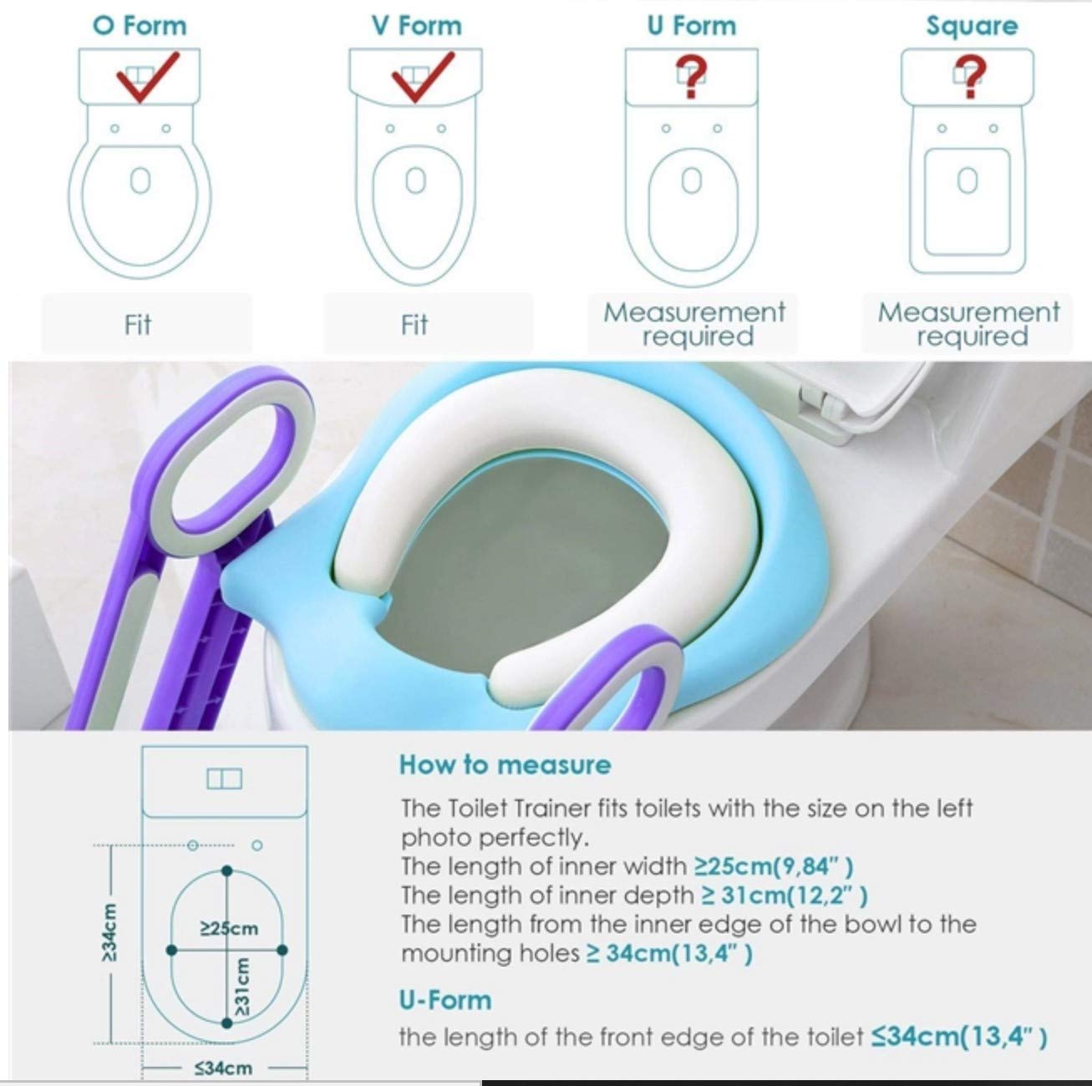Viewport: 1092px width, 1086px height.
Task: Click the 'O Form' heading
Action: (140, 26)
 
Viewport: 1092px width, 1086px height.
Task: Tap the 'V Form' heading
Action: (417, 26)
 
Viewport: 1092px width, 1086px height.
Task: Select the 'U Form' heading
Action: (691, 26)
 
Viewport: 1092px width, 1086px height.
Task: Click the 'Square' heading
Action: (972, 27)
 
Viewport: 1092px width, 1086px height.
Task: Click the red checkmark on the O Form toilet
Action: (146, 78)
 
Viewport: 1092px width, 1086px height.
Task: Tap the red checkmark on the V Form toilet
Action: (422, 78)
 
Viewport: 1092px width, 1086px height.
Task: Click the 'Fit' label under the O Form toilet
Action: (138, 325)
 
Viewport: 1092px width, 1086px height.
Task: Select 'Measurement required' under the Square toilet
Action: (968, 324)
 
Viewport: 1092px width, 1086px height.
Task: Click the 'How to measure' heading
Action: (505, 765)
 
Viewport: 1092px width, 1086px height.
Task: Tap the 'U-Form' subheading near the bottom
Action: (445, 1001)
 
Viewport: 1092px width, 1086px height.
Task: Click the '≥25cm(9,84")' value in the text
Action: (774, 866)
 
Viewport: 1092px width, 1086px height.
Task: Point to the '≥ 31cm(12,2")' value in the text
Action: (785, 896)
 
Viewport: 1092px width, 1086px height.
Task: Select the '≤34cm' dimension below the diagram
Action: (223, 1068)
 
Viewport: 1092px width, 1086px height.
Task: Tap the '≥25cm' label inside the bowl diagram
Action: (229, 928)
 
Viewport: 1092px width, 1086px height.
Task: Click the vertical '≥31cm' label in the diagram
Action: (241, 987)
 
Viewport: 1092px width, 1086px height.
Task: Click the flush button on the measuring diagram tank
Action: (225, 779)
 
